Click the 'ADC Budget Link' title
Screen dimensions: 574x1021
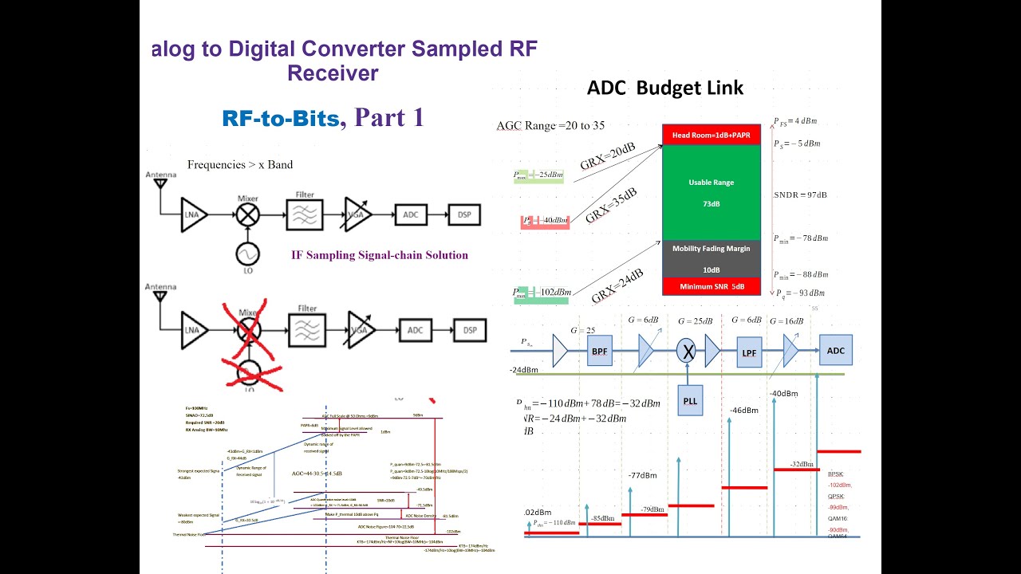point(665,88)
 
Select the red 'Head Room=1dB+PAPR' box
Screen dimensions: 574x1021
point(712,135)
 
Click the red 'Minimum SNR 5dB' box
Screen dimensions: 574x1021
point(711,286)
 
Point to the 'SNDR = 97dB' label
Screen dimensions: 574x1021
point(800,195)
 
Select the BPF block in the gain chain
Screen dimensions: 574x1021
point(600,351)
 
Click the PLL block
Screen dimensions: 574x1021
point(690,401)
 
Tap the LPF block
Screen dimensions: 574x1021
point(748,352)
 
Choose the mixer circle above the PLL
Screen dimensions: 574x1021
point(686,350)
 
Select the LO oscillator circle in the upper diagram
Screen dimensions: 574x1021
point(247,254)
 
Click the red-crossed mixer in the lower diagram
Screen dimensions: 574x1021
point(247,329)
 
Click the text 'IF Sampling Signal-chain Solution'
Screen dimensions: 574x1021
point(380,255)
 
